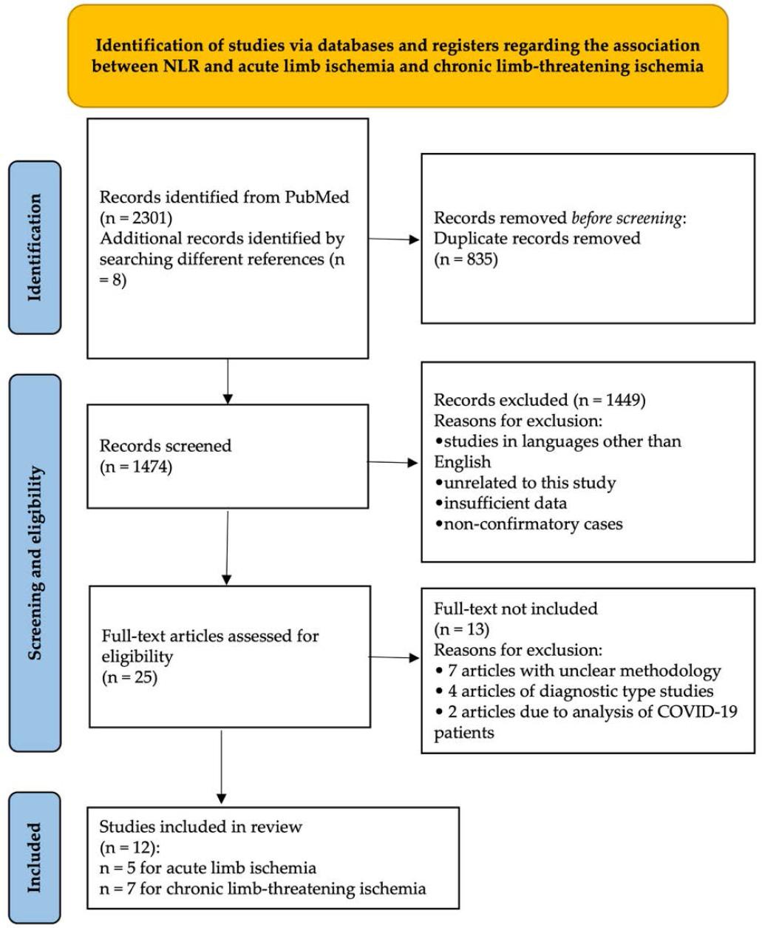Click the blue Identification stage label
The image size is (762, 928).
click(35, 248)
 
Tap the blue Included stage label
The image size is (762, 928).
click(35, 857)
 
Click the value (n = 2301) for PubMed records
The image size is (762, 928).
click(137, 219)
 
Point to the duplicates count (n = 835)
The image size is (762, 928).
click(466, 260)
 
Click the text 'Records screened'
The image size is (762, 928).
click(166, 446)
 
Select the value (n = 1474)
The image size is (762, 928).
click(136, 467)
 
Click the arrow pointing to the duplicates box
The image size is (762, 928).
click(394, 239)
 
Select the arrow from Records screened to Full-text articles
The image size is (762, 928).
click(228, 546)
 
